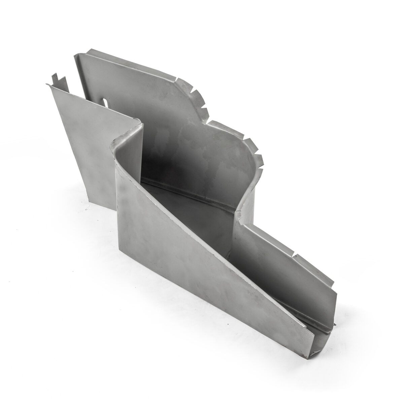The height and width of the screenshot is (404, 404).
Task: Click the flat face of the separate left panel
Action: pos(84,135)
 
